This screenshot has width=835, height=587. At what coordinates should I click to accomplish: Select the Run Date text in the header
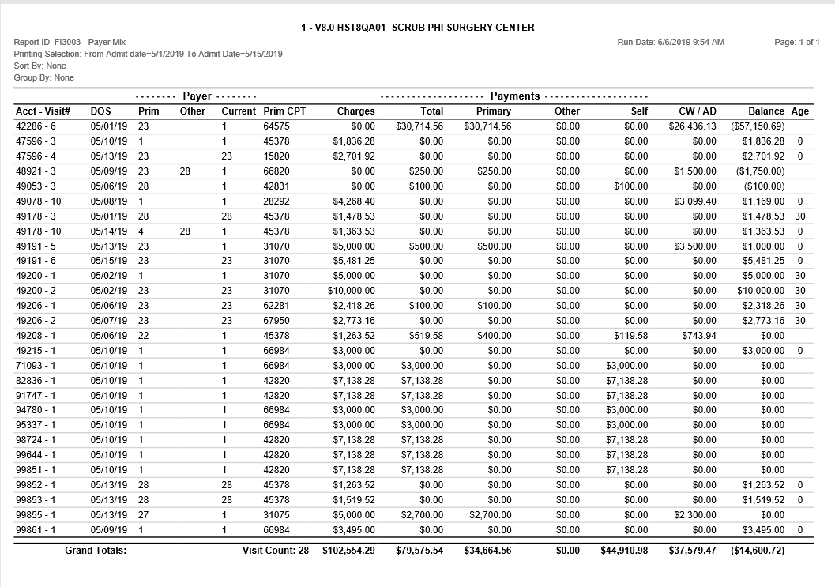pyautogui.click(x=671, y=42)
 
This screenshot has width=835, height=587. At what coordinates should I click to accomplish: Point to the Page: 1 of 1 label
pyautogui.click(x=797, y=42)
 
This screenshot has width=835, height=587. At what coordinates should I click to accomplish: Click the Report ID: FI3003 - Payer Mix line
pyautogui.click(x=70, y=42)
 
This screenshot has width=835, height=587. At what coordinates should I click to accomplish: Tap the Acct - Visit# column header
pyautogui.click(x=43, y=111)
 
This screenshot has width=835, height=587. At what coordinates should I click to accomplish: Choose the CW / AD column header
pyautogui.click(x=698, y=111)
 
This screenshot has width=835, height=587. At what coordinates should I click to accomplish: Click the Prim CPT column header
pyautogui.click(x=284, y=111)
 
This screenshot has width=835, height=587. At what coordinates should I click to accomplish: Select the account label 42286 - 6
pyautogui.click(x=36, y=126)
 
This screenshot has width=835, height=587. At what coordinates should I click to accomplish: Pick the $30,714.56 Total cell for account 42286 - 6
pyautogui.click(x=419, y=126)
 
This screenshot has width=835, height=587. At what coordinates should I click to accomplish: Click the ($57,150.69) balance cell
pyautogui.click(x=758, y=126)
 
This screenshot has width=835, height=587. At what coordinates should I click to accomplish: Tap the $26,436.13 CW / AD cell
pyautogui.click(x=692, y=126)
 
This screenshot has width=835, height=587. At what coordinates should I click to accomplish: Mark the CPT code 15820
pyautogui.click(x=276, y=156)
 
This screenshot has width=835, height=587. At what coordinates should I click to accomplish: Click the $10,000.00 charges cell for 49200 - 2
pyautogui.click(x=352, y=291)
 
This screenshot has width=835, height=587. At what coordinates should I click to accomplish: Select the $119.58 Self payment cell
pyautogui.click(x=630, y=336)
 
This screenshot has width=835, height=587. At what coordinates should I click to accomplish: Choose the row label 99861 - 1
pyautogui.click(x=36, y=529)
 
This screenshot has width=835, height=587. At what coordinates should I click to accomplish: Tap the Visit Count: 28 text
pyautogui.click(x=275, y=550)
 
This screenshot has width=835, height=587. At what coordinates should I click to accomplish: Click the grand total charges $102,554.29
pyautogui.click(x=348, y=550)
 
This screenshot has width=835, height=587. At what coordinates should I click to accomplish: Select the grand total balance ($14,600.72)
pyautogui.click(x=758, y=550)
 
